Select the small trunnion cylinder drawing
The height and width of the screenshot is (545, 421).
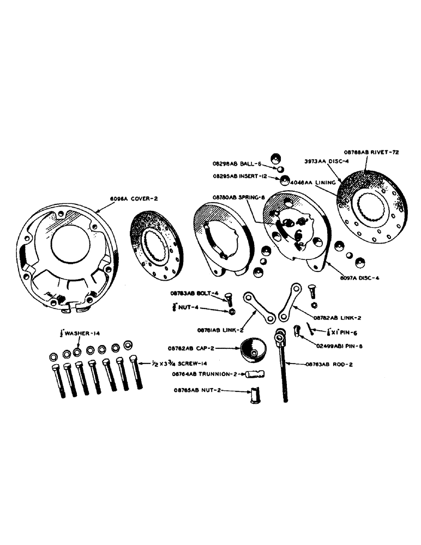[x=255, y=374]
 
